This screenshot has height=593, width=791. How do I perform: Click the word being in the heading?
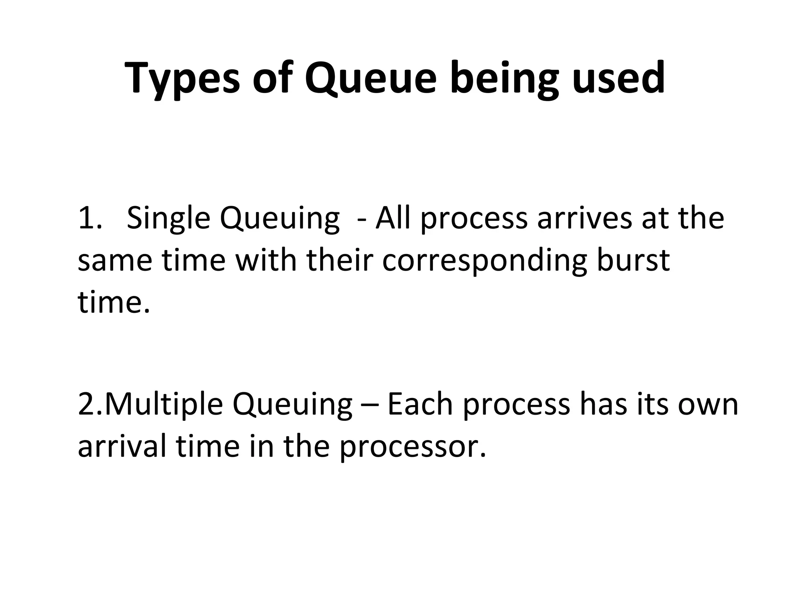click(504, 79)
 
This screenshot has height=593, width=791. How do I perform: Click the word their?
click(340, 259)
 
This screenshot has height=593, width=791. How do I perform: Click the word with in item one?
click(266, 259)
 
